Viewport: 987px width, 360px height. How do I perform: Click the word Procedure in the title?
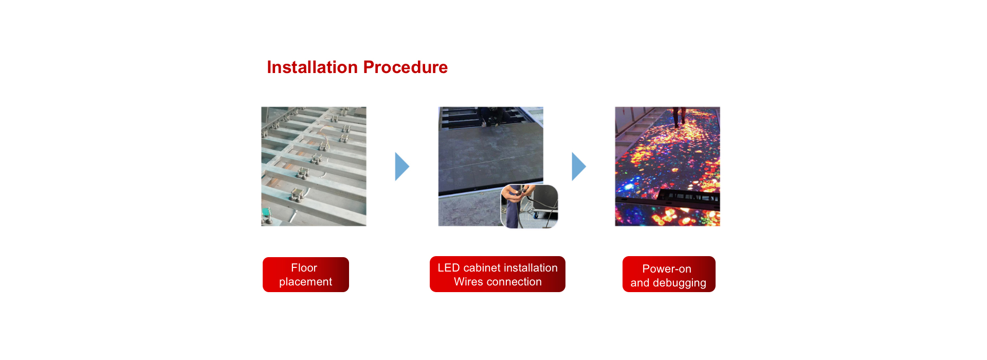(406, 67)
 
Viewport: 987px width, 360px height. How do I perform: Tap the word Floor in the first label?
(304, 268)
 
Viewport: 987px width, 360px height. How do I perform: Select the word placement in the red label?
(305, 282)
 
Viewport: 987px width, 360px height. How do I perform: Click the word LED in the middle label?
(448, 268)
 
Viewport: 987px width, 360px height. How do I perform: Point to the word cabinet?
(482, 268)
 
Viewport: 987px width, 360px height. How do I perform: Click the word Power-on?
(667, 269)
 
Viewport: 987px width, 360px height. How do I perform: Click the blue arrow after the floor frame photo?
(402, 167)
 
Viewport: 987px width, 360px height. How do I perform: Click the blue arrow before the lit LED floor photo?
(579, 167)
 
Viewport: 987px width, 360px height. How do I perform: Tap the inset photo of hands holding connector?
(529, 206)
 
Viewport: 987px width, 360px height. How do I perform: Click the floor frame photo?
(314, 166)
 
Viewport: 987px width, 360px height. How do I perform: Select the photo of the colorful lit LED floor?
(667, 166)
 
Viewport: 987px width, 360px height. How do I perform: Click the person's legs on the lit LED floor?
(679, 116)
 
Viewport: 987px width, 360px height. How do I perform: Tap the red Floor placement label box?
(306, 275)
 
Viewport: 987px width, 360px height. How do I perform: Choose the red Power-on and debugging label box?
(669, 274)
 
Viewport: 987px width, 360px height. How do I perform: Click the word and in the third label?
(640, 283)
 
